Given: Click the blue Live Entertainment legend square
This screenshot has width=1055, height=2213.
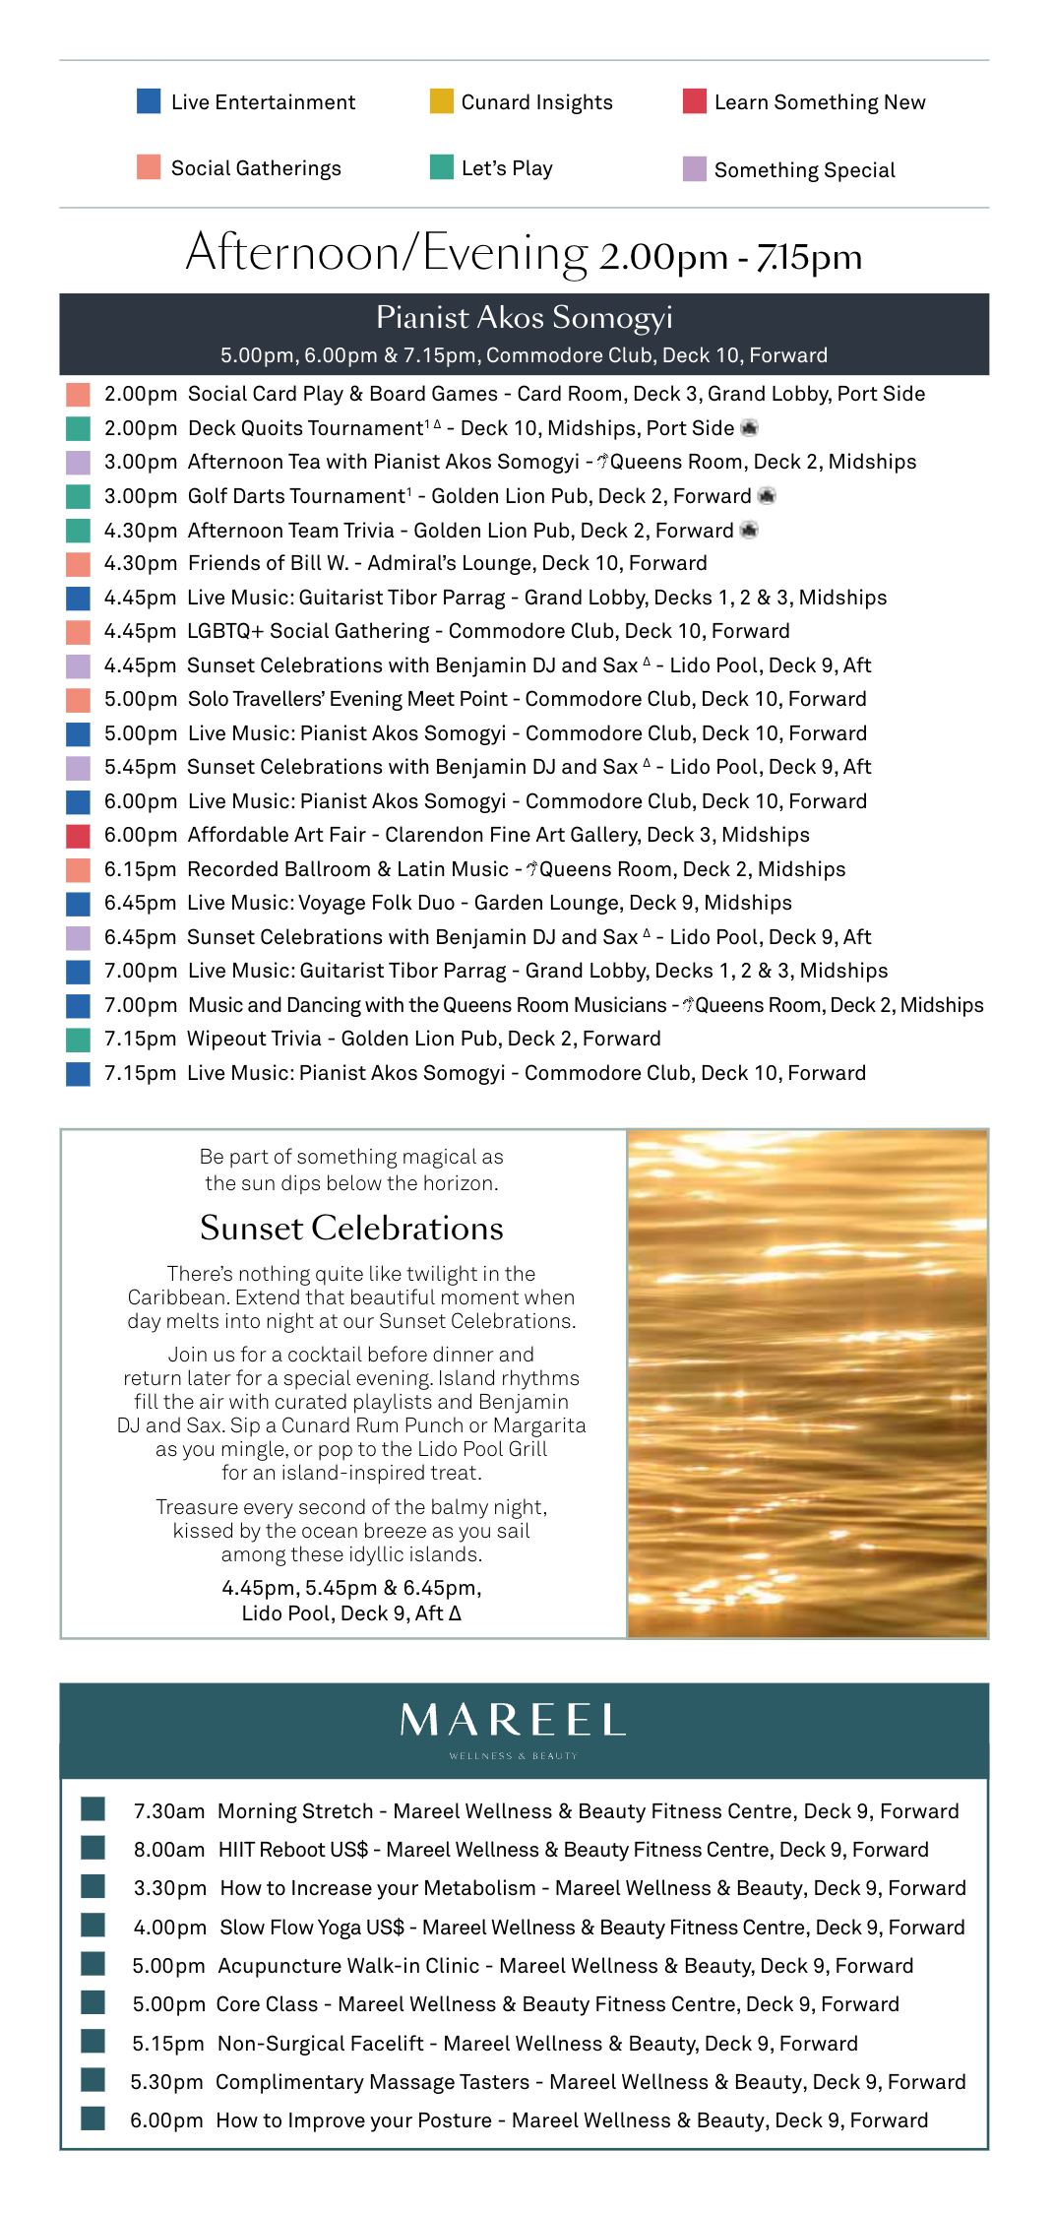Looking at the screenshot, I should point(149,101).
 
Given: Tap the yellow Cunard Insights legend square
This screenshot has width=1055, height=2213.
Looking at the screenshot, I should point(441,101).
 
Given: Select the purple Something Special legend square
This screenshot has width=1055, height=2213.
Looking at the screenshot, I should point(695,169).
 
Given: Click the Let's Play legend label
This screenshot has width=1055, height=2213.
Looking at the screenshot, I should point(507,168).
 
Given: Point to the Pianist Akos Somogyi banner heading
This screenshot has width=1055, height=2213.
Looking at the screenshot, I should point(524,317).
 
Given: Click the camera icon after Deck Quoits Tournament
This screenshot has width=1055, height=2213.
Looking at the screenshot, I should point(749,428).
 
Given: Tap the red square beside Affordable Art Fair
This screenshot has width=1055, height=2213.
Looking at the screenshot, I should point(78,836).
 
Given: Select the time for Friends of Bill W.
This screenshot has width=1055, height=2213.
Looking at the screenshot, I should point(140,563).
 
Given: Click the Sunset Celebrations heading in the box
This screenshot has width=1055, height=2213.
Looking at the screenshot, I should point(351,1228).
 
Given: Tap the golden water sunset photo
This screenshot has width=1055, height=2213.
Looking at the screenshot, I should point(807,1383).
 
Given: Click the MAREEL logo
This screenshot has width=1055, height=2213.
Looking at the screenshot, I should point(513,1721).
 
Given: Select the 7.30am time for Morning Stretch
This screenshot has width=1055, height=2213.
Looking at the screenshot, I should point(169,1811).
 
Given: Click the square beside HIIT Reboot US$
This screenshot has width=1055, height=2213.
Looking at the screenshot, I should point(93,1848).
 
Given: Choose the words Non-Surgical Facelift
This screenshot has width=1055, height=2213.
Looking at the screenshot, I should point(321,2044).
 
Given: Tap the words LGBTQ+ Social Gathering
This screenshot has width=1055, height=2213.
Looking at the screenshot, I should point(308,631).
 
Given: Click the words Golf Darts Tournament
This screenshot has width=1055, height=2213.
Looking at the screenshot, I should point(296,496).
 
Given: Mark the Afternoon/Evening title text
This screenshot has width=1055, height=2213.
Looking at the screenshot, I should point(386,253).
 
